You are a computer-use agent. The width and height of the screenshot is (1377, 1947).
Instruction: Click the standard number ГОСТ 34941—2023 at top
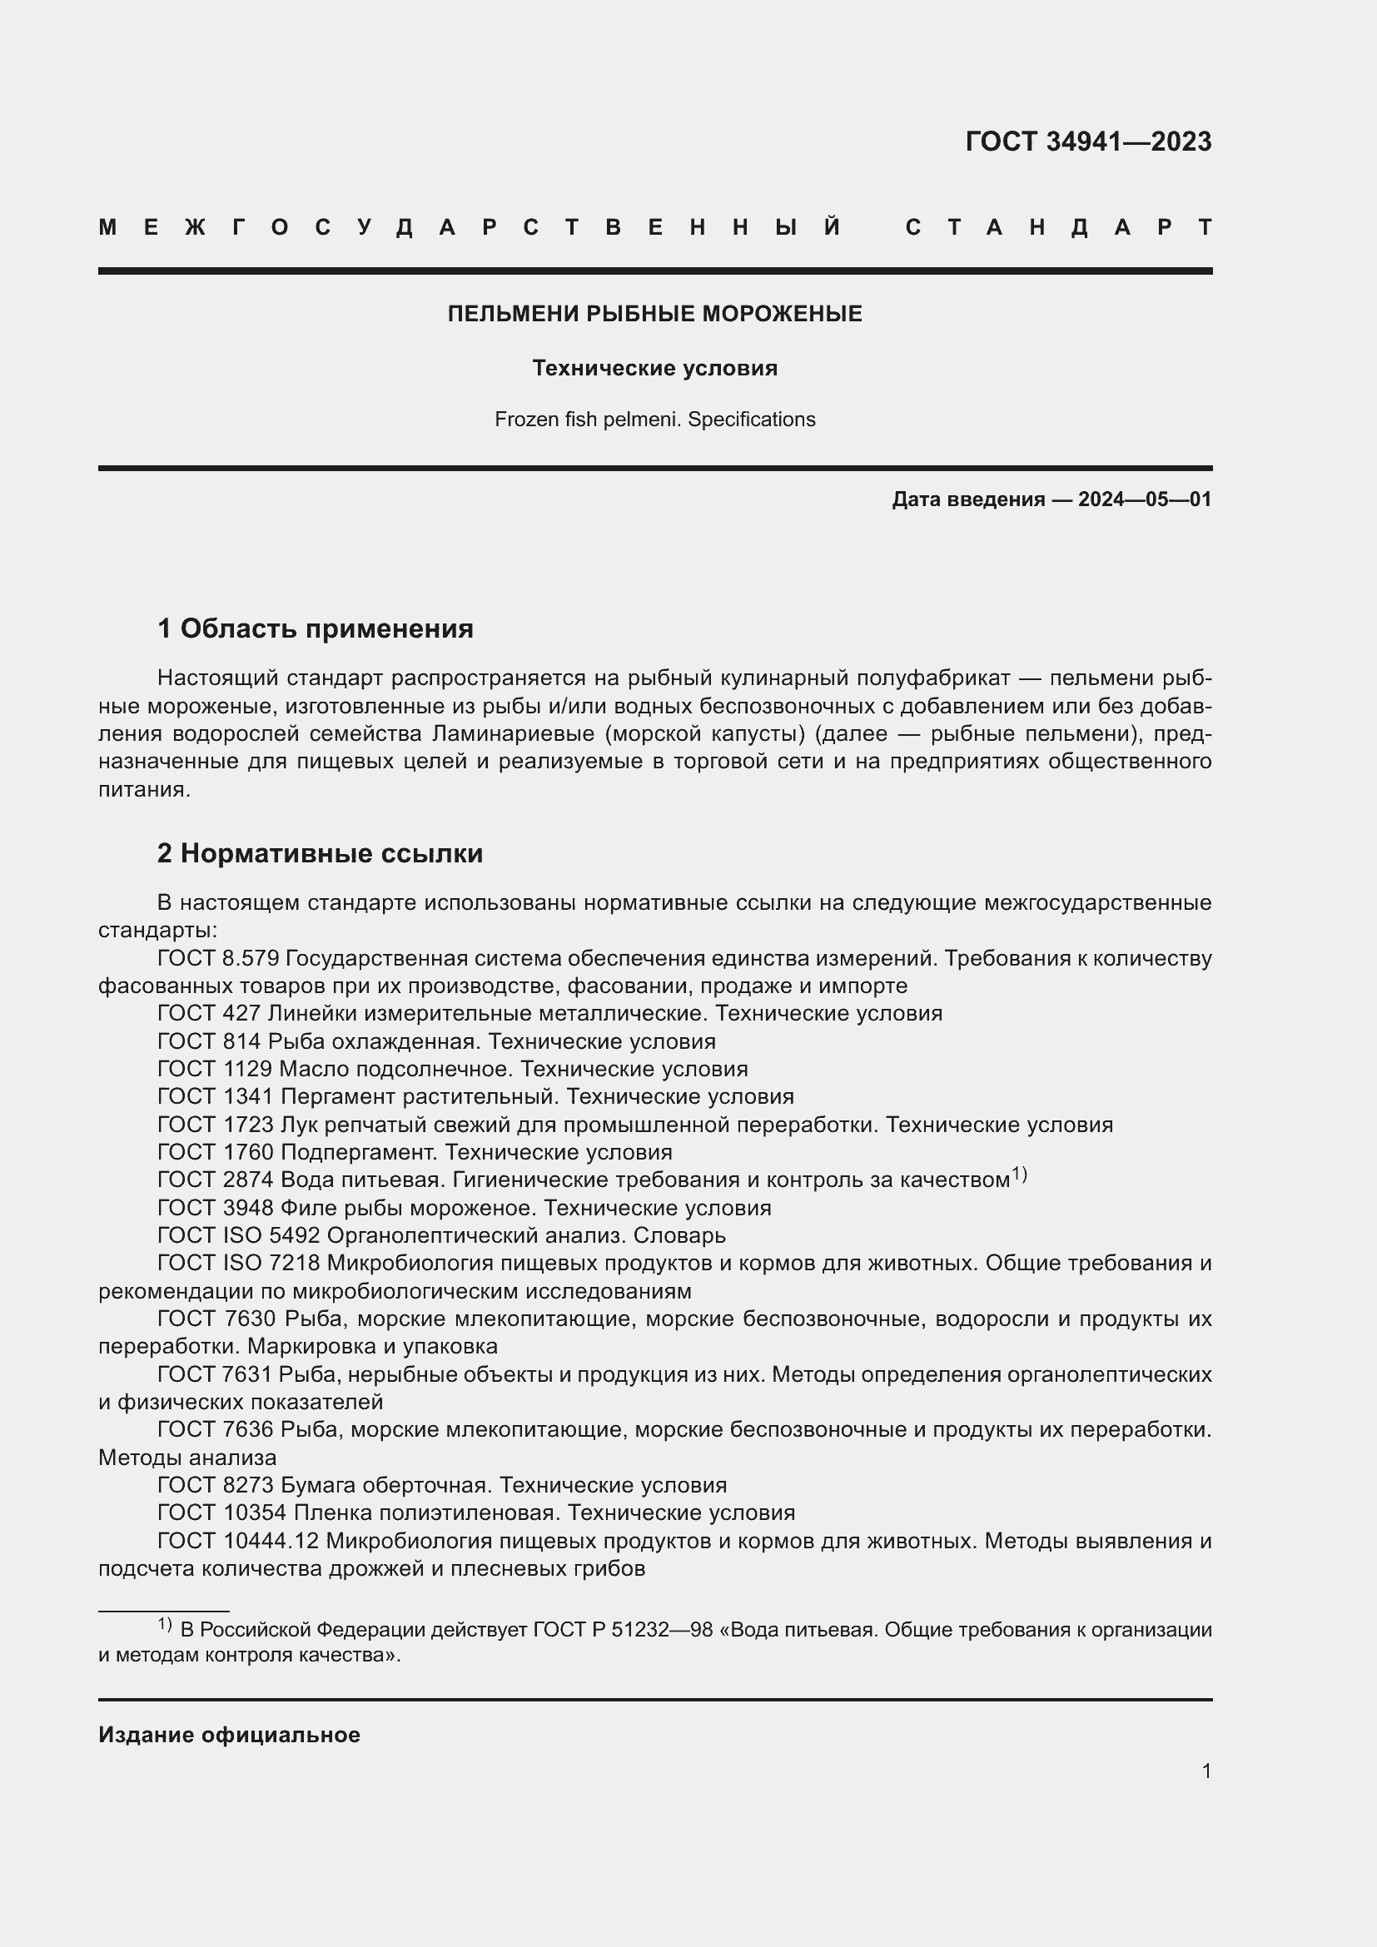(x=1088, y=142)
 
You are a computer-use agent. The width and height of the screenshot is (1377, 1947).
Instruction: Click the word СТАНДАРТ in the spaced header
(x=1058, y=227)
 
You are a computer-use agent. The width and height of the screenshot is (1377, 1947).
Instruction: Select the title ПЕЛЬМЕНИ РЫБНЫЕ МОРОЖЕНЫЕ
(x=654, y=314)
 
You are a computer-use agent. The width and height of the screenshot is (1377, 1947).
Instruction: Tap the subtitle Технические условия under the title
(x=654, y=368)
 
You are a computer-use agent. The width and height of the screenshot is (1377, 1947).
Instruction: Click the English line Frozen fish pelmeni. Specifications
(x=654, y=420)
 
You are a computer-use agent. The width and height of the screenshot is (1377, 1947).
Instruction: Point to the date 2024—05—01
(x=1145, y=499)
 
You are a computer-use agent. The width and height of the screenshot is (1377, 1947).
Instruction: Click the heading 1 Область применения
(x=316, y=629)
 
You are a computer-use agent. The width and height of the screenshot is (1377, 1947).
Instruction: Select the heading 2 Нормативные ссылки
(x=320, y=853)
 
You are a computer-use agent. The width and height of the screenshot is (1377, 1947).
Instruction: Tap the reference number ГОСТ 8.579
(x=218, y=958)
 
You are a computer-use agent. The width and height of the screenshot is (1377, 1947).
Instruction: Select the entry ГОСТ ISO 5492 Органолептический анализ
(x=441, y=1235)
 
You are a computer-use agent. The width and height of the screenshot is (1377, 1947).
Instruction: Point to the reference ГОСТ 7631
(x=216, y=1373)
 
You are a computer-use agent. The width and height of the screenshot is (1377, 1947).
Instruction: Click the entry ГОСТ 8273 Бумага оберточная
(x=442, y=1485)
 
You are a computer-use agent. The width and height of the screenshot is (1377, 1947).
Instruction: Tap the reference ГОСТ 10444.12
(x=237, y=1540)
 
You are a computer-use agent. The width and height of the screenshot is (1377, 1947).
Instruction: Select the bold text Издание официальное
(x=229, y=1735)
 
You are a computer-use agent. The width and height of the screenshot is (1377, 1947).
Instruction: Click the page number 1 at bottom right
(x=1205, y=1771)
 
